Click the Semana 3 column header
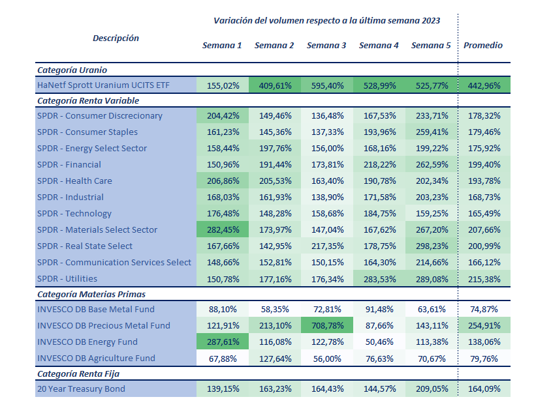click(x=326, y=46)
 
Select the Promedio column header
click(x=483, y=46)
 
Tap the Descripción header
click(x=116, y=38)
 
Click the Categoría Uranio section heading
click(x=72, y=70)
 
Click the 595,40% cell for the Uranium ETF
click(x=326, y=85)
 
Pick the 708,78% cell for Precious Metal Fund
click(x=326, y=326)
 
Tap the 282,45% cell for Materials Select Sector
click(x=223, y=230)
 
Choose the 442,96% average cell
click(x=483, y=85)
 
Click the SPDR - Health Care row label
click(x=74, y=181)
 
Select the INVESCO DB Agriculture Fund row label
click(x=96, y=359)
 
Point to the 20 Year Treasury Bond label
click(x=81, y=389)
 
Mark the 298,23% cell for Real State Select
click(x=431, y=246)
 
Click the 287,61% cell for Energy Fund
click(x=223, y=342)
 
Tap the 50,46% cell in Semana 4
click(x=379, y=342)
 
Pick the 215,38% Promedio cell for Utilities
click(x=483, y=279)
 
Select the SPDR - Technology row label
click(x=74, y=214)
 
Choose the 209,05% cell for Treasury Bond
click(x=431, y=389)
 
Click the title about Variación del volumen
click(x=326, y=21)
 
